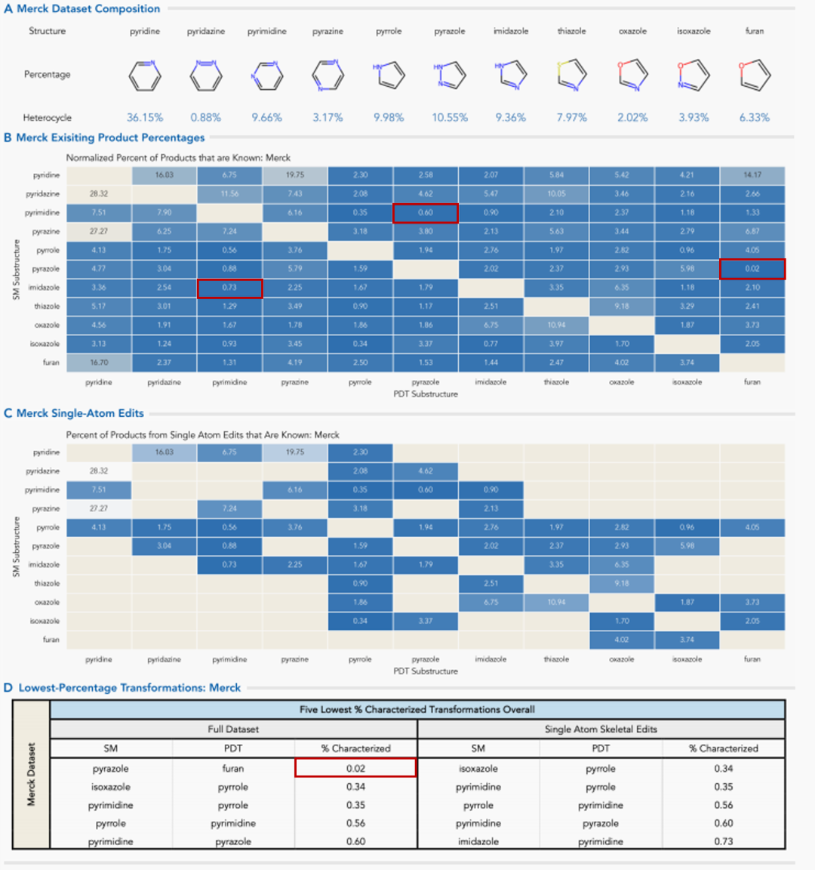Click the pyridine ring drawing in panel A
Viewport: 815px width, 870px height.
(x=145, y=75)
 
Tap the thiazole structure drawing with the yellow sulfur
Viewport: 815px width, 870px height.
(x=571, y=74)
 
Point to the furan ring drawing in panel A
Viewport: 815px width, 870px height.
(x=755, y=74)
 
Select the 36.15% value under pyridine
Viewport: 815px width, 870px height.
(x=145, y=118)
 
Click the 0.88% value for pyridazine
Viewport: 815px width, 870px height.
(x=205, y=118)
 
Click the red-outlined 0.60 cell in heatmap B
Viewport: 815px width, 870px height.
(x=426, y=213)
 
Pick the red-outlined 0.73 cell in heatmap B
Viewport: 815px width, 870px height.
(x=229, y=288)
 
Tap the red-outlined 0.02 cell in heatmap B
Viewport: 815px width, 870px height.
(x=752, y=269)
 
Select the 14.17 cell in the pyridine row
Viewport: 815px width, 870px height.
(x=752, y=175)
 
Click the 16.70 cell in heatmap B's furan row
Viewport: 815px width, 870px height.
(x=99, y=362)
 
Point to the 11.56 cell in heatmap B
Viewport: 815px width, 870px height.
(x=229, y=194)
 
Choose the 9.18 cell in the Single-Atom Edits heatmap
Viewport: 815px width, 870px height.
(x=622, y=583)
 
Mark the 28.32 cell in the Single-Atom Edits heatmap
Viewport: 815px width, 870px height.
(x=99, y=470)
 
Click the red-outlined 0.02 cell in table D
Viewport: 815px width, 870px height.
(x=355, y=768)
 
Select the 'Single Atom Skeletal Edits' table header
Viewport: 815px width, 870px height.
(x=601, y=730)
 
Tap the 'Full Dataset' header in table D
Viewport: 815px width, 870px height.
(x=233, y=730)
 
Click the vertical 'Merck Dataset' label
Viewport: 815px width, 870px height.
(x=31, y=774)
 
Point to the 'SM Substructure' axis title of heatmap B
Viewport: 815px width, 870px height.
(x=17, y=270)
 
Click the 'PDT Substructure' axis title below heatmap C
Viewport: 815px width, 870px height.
(x=426, y=671)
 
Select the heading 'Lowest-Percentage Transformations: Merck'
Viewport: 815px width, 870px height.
(x=129, y=688)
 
